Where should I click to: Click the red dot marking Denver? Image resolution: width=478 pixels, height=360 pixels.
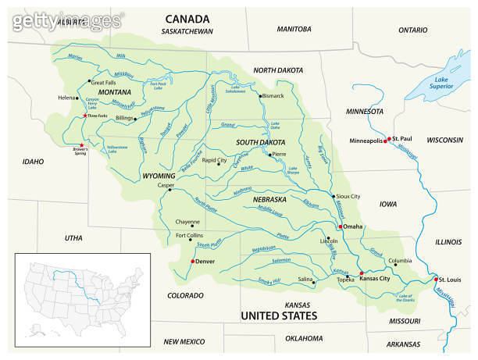coord(192,262)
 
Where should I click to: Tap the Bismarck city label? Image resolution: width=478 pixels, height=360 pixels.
coord(273,95)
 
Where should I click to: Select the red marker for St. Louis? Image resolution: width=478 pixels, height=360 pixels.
coord(434,280)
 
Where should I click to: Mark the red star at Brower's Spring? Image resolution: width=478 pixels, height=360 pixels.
coord(82,144)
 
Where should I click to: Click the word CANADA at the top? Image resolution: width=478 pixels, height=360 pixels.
coord(187,19)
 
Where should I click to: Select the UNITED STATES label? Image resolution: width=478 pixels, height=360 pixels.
coord(279,315)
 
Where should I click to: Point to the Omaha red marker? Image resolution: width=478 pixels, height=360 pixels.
coord(338,226)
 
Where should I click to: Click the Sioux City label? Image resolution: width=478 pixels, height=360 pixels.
coord(348,197)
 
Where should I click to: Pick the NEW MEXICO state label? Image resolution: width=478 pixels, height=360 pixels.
coord(184,342)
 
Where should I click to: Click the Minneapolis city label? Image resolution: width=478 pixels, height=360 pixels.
coord(365,141)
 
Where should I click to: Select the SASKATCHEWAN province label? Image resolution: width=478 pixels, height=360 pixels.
coord(187,31)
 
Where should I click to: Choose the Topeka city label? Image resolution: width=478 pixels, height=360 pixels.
coord(345,279)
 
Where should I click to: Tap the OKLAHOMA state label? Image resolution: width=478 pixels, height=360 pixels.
coord(304,338)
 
